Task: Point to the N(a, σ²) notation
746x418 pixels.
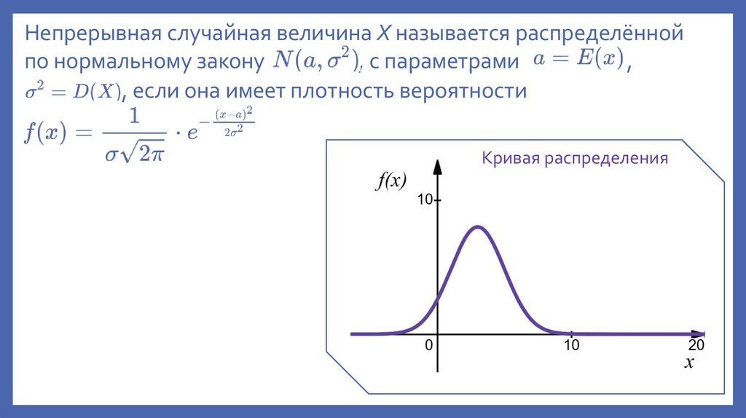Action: point(316,63)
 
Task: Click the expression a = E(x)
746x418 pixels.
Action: point(578,61)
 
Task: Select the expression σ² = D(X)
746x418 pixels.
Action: point(71,92)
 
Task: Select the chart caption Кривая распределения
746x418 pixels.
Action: point(574,158)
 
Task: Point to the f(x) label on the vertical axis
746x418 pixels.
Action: point(390,181)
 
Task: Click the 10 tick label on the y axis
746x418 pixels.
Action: point(425,200)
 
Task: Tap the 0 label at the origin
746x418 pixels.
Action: point(429,345)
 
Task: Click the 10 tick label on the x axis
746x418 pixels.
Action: point(571,345)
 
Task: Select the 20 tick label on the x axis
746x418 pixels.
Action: point(696,345)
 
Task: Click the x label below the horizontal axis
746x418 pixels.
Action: point(688,363)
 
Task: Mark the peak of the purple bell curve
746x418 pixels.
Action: point(477,226)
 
